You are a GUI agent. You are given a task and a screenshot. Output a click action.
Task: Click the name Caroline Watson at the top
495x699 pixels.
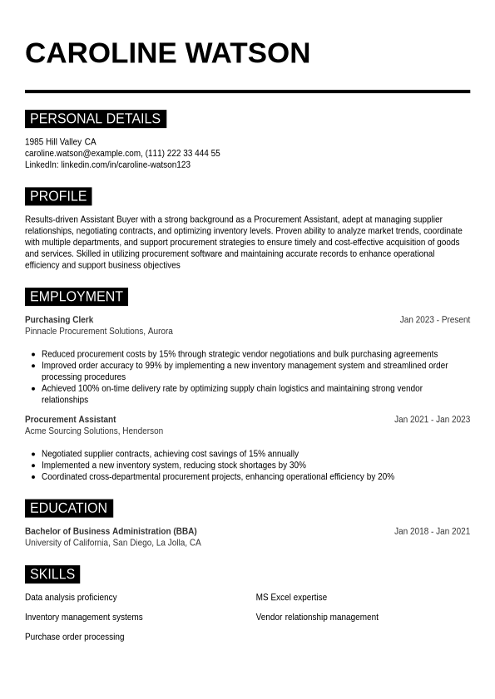click(x=167, y=53)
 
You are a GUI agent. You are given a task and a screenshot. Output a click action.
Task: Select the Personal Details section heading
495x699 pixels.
click(x=95, y=119)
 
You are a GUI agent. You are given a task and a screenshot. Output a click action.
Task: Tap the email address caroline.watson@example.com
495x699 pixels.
click(x=82, y=153)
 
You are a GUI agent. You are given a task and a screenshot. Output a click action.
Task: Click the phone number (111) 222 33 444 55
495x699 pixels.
click(x=183, y=153)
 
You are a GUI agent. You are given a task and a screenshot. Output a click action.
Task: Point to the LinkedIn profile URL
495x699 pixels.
click(x=126, y=165)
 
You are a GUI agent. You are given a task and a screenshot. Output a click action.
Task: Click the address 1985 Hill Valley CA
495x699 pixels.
click(x=60, y=142)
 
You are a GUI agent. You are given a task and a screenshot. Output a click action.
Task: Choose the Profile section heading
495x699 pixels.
click(x=58, y=196)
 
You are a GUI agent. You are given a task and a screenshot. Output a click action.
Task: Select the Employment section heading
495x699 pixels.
click(x=76, y=297)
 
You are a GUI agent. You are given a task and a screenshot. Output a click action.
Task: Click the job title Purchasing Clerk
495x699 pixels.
click(x=59, y=320)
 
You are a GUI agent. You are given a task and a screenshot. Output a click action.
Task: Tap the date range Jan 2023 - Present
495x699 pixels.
click(x=434, y=320)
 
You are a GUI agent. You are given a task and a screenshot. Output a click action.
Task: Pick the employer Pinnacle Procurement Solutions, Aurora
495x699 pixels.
click(x=99, y=331)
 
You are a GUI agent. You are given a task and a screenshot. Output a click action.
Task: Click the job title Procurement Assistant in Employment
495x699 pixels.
click(x=71, y=420)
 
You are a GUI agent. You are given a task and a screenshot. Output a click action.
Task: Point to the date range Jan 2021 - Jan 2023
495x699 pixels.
click(x=432, y=420)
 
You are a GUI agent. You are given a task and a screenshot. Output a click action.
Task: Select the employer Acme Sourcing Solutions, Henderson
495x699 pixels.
click(x=94, y=431)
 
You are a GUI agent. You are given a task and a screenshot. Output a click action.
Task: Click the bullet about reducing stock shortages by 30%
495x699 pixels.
click(x=174, y=465)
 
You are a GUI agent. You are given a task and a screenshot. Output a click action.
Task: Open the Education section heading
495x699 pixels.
click(x=68, y=508)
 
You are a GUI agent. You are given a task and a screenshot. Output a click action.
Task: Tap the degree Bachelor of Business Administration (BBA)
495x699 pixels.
click(x=111, y=531)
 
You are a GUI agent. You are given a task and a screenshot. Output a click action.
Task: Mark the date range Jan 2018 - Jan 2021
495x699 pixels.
click(x=432, y=531)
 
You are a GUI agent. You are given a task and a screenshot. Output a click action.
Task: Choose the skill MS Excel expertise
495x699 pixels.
click(x=291, y=598)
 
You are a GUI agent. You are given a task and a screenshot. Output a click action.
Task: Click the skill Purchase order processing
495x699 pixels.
click(x=74, y=637)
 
